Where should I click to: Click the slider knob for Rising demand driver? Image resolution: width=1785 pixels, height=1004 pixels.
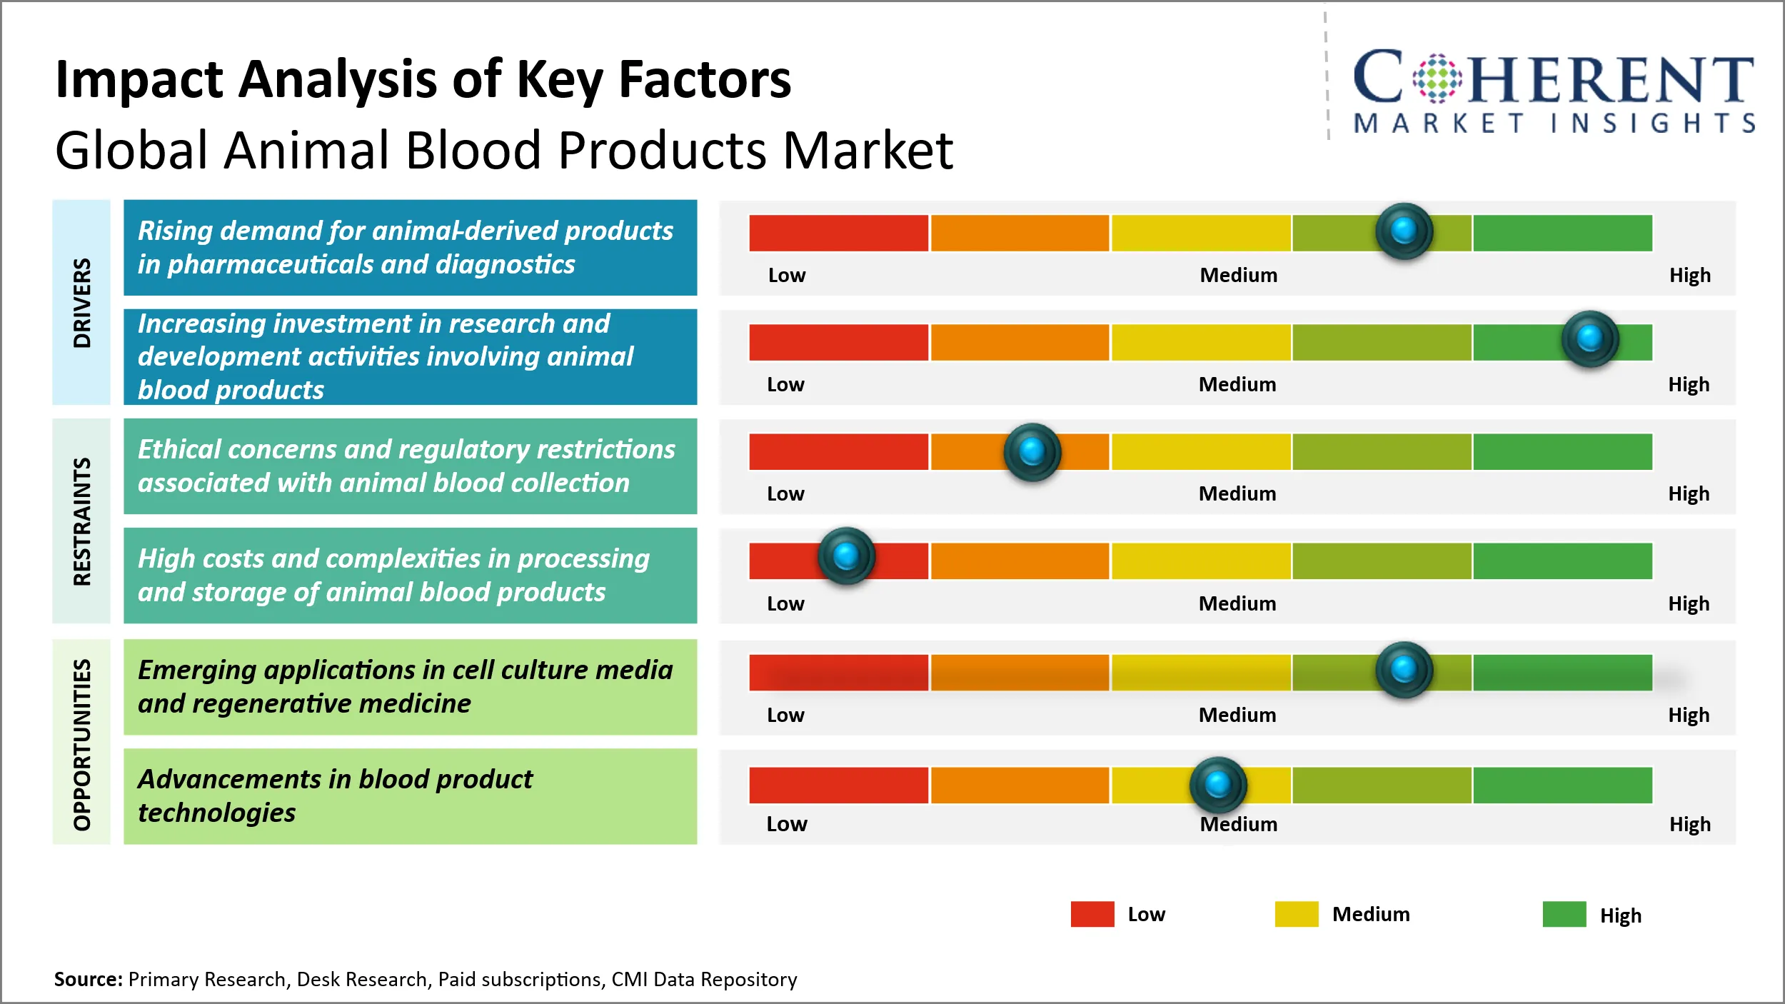[x=1404, y=231]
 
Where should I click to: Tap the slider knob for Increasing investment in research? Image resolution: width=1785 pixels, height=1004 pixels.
[x=1589, y=338]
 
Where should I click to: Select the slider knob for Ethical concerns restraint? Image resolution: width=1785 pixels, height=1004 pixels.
[x=1032, y=451]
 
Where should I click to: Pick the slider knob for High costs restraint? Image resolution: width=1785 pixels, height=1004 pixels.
[x=846, y=556]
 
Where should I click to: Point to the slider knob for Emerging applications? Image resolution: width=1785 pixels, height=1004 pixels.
[x=1404, y=670]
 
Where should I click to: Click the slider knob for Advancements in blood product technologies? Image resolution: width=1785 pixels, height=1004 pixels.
[x=1218, y=785]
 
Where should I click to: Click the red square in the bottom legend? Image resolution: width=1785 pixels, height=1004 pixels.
[x=1092, y=914]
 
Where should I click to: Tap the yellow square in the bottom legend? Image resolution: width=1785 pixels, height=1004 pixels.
[x=1296, y=914]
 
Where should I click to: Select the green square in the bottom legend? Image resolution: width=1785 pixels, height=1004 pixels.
[x=1564, y=914]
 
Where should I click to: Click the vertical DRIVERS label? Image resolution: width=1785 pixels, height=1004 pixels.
[x=82, y=303]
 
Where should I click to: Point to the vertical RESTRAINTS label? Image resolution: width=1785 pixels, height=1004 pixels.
[x=82, y=521]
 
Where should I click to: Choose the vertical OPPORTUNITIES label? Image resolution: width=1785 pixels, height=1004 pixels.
[x=82, y=744]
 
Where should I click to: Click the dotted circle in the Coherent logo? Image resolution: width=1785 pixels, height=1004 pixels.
[x=1437, y=79]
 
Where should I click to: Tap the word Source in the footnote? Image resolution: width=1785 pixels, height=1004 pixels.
[x=88, y=979]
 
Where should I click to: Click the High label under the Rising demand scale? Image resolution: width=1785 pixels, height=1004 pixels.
[x=1689, y=276]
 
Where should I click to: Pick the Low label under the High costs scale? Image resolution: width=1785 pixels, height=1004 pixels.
[x=785, y=604]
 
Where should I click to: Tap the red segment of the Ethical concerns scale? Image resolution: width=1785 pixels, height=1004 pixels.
[x=838, y=451]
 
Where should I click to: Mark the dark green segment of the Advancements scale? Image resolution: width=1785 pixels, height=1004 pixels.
[x=1562, y=785]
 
